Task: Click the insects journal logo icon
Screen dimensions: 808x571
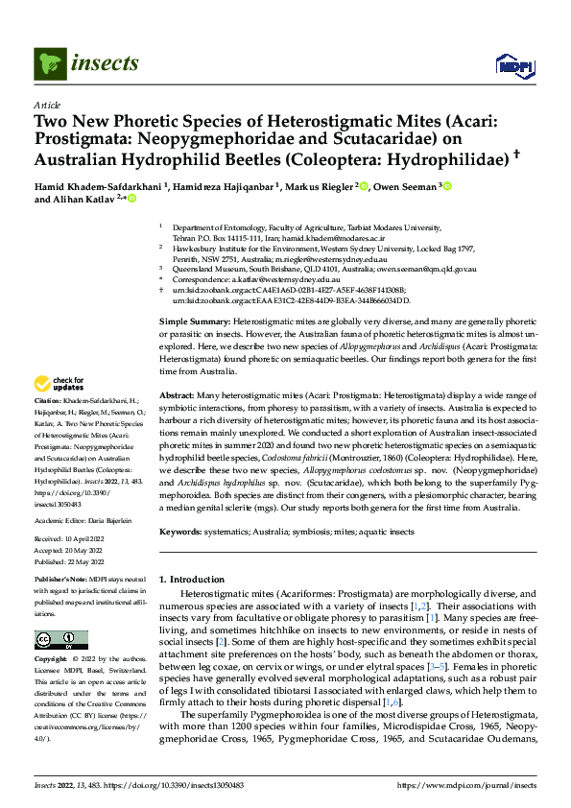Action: (x=48, y=64)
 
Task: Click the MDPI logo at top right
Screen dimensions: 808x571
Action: (x=510, y=64)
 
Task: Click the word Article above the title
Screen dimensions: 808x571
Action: (x=46, y=105)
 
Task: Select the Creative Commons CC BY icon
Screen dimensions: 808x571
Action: (x=60, y=640)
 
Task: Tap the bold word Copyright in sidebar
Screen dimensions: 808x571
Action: (x=52, y=660)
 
